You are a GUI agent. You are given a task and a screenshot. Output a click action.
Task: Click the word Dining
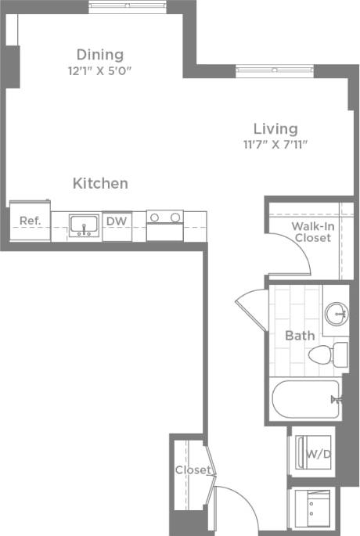point(99,55)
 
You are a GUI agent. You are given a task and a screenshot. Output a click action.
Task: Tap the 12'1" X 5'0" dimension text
point(99,70)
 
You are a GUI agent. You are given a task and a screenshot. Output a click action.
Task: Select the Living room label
point(275,128)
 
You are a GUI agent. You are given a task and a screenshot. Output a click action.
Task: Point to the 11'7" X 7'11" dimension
point(275,144)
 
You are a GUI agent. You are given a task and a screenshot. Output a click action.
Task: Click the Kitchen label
point(100,184)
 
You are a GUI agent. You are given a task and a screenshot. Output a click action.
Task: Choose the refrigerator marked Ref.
point(30,221)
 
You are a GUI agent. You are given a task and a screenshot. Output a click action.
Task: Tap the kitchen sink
point(82,225)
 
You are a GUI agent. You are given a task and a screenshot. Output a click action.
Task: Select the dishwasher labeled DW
point(116,221)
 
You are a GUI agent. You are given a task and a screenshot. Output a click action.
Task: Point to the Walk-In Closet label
point(311,232)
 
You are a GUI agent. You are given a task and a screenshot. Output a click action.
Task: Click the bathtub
point(305,400)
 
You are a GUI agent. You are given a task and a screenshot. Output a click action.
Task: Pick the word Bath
point(299,336)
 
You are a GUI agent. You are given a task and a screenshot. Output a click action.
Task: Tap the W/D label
point(316,454)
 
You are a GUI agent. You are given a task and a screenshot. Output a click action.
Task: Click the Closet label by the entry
point(193,470)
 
